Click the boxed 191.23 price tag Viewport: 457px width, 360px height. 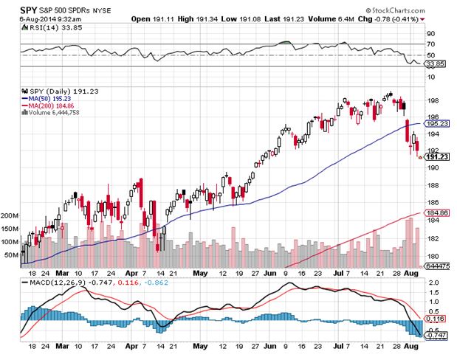[x=439, y=157]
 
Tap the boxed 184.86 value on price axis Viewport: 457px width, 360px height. [x=439, y=212]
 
